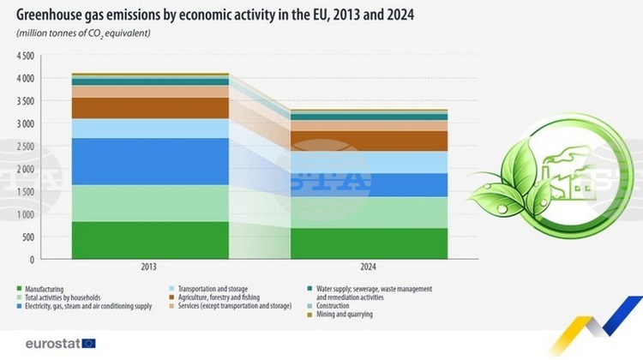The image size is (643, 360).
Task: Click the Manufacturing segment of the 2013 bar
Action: [x=150, y=240]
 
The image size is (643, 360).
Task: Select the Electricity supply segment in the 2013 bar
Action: [x=150, y=161]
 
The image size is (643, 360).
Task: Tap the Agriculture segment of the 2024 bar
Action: [x=369, y=141]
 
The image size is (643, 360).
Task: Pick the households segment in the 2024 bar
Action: [x=369, y=213]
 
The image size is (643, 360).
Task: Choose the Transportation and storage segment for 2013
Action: [x=150, y=129]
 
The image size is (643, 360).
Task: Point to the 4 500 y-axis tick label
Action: [x=26, y=56]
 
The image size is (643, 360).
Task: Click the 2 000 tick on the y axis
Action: [x=26, y=169]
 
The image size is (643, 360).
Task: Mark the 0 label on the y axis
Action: [x=32, y=260]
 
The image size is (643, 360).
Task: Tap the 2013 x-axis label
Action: [x=149, y=267]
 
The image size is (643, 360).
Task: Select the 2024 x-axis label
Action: [x=369, y=267]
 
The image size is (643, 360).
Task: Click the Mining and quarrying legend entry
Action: [x=340, y=315]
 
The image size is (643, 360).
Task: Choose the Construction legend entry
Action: [x=328, y=306]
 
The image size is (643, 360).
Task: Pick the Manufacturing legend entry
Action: [x=40, y=289]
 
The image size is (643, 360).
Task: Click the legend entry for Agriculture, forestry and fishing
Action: [x=214, y=297]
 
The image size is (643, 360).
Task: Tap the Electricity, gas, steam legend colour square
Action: [x=19, y=306]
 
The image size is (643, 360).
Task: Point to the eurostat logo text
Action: [x=53, y=344]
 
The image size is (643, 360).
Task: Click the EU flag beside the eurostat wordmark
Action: [x=88, y=344]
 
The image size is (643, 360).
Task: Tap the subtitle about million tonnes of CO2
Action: [x=83, y=33]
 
